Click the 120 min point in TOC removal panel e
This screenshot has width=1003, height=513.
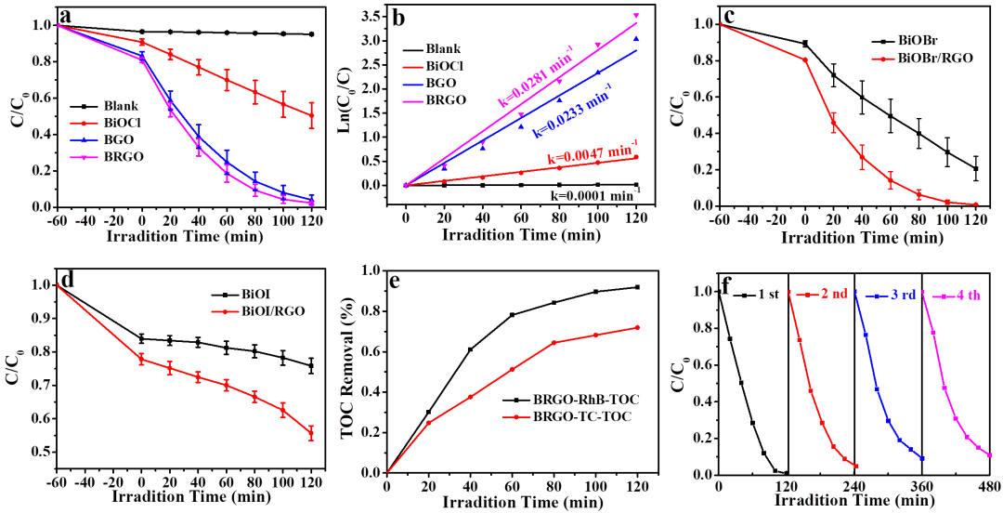pyautogui.click(x=636, y=327)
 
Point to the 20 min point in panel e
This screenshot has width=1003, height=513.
pyautogui.click(x=428, y=423)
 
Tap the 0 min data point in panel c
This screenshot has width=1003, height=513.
pyautogui.click(x=805, y=59)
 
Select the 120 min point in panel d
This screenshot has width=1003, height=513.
pyautogui.click(x=311, y=432)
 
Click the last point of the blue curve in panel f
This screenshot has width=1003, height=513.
pyautogui.click(x=921, y=458)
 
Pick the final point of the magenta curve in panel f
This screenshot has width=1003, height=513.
pyautogui.click(x=990, y=455)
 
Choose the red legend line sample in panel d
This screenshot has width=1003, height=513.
pyautogui.click(x=223, y=314)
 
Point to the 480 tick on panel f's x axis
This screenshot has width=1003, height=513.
pyautogui.click(x=990, y=486)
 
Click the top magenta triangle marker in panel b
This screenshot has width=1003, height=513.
pyautogui.click(x=636, y=16)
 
